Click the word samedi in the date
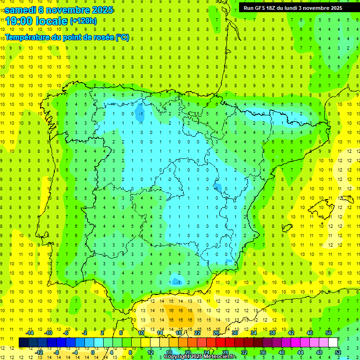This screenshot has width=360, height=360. [21, 9]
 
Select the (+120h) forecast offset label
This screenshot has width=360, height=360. [83, 21]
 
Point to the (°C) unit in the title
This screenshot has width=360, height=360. [122, 37]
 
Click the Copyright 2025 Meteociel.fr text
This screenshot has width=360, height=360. [199, 357]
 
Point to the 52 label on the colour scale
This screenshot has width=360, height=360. [338, 352]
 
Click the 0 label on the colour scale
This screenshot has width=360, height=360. [92, 352]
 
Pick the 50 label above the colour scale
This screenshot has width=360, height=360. [328, 333]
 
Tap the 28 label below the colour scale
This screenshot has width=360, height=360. [225, 352]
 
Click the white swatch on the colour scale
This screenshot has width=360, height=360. [333, 343]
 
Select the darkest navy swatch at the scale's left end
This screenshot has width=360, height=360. [23, 343]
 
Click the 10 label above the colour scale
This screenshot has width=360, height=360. [141, 333]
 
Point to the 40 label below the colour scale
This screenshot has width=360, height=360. [281, 352]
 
